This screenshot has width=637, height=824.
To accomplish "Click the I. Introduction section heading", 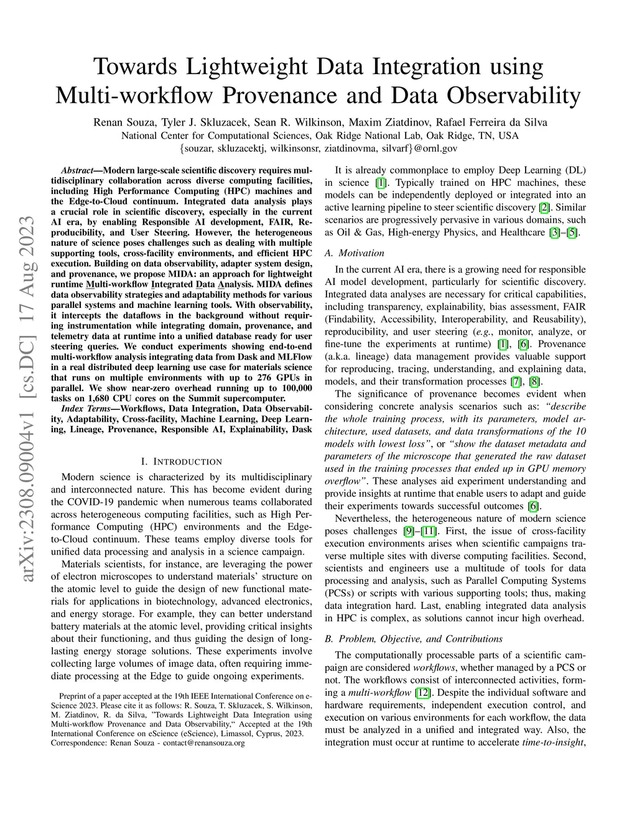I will coord(181,461).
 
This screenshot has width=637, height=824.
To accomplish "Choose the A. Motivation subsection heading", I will coord(355,253).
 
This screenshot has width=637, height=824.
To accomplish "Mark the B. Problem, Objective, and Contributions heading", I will coord(414,639).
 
